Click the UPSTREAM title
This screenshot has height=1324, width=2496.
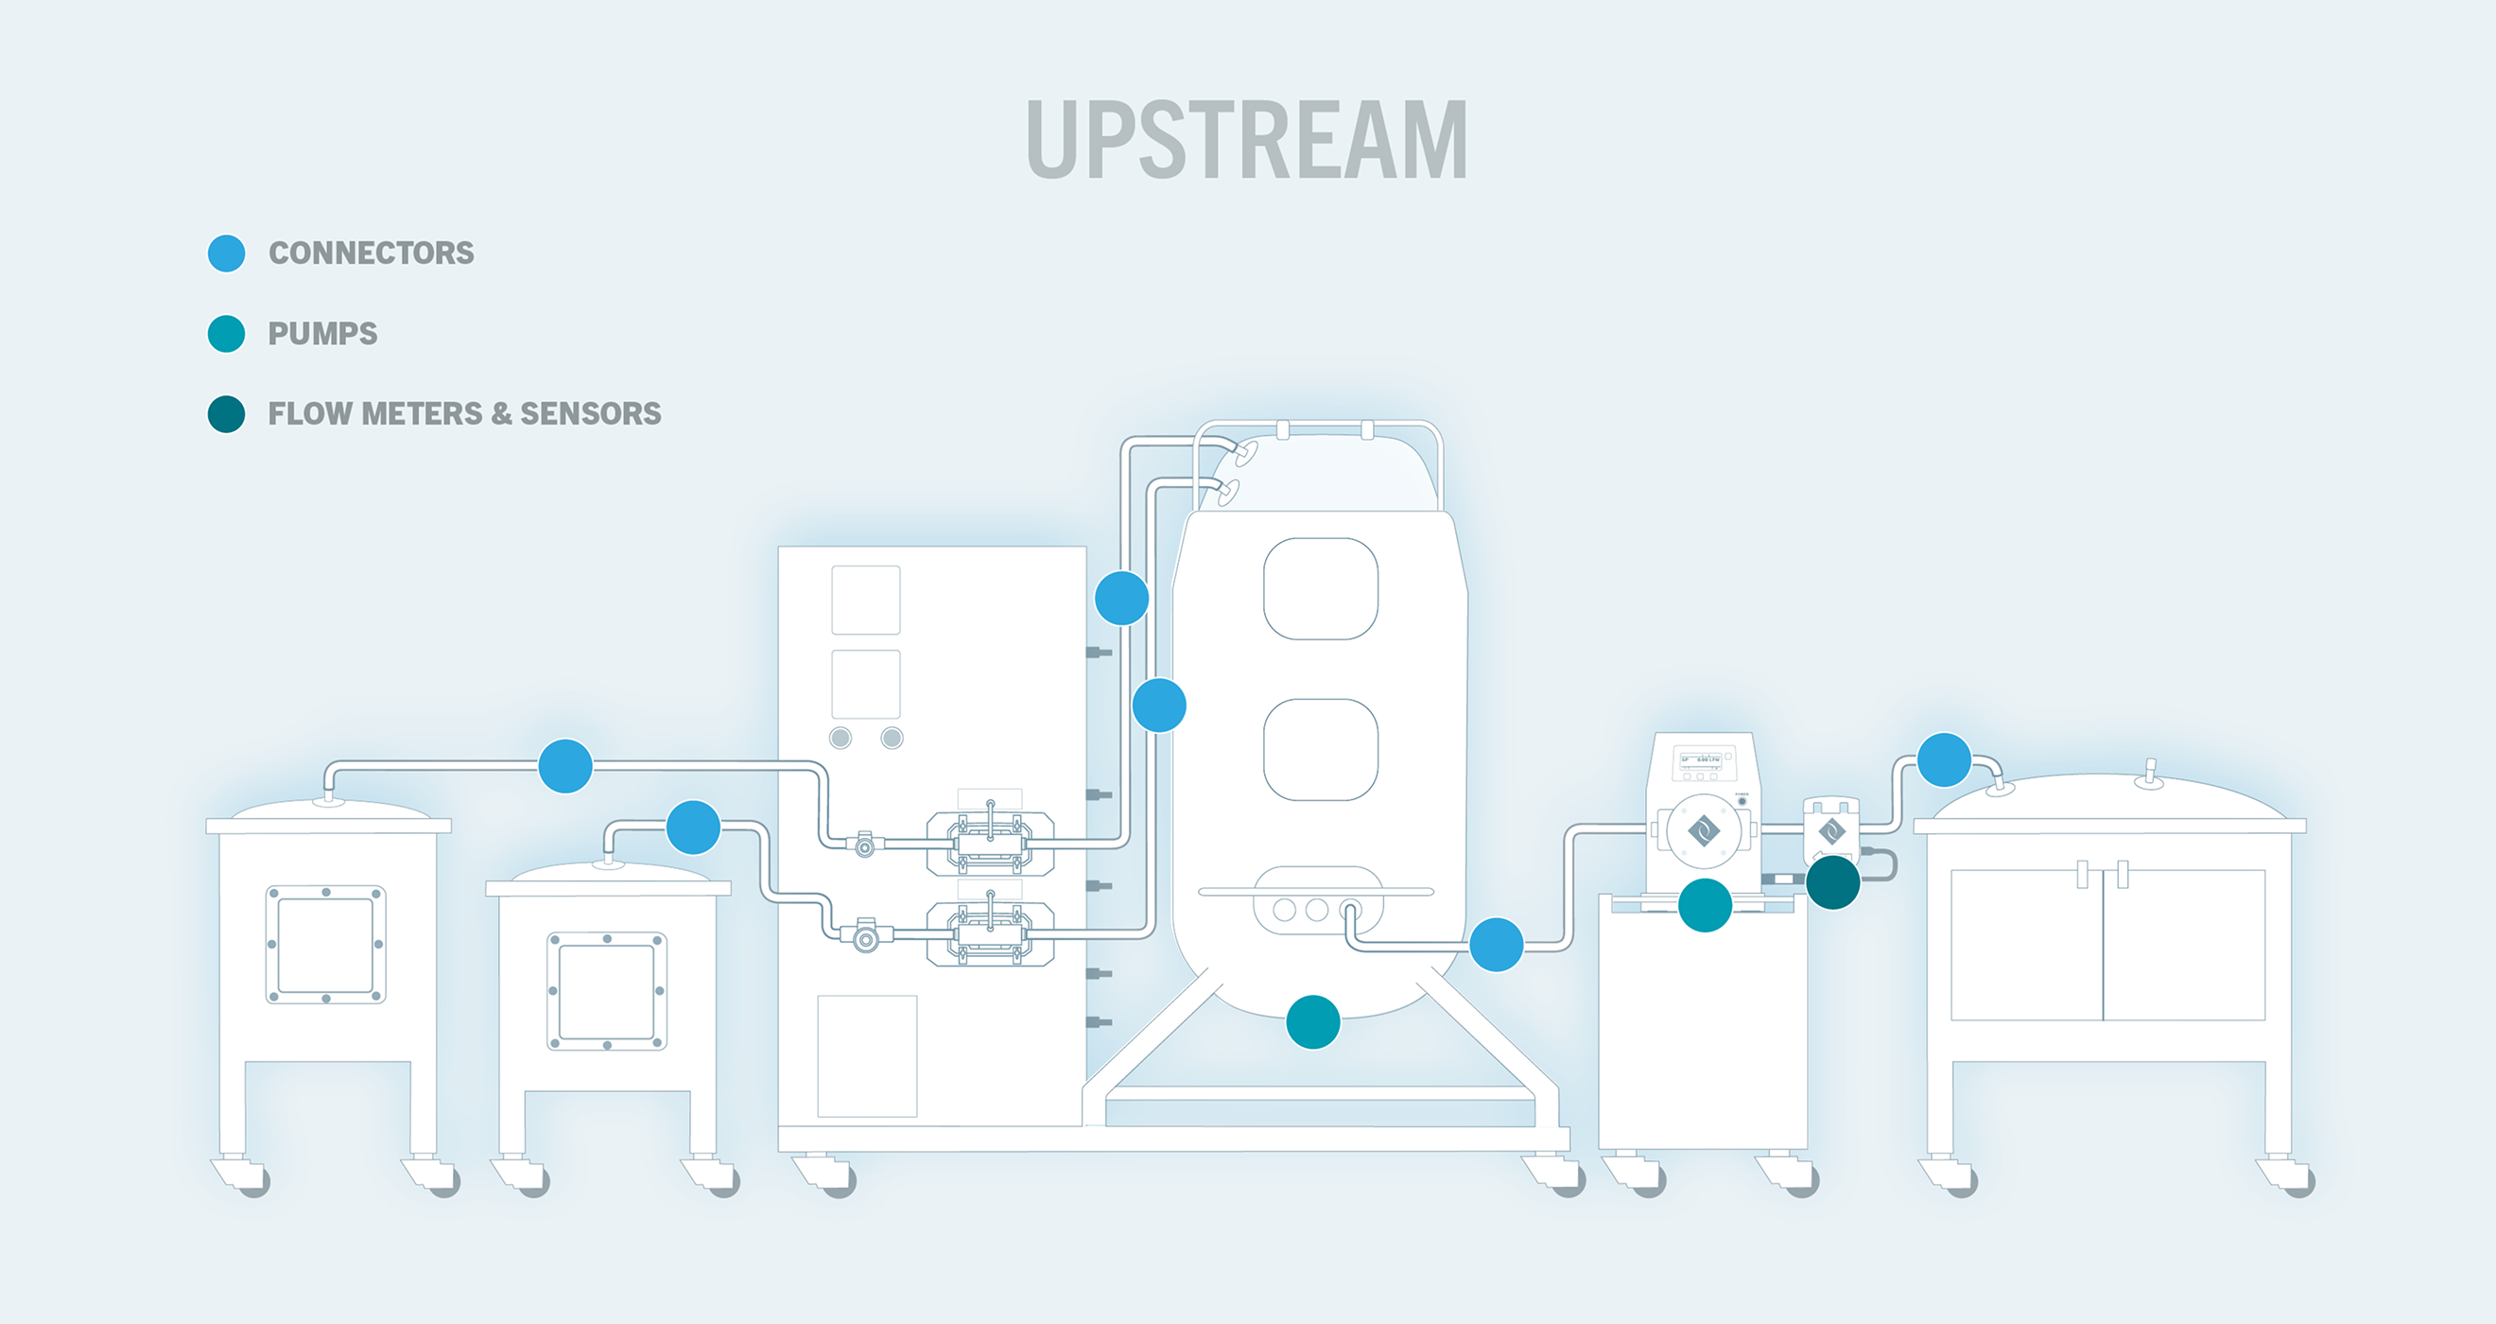pos(1246,141)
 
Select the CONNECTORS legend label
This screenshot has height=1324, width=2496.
pos(372,253)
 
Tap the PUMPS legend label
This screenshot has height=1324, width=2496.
pos(322,334)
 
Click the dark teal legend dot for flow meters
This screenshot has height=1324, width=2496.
pos(227,414)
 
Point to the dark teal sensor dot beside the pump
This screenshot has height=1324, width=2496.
pos(1832,882)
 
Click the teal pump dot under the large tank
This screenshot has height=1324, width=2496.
pos(1313,1021)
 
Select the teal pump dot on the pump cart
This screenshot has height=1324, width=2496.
pos(1705,905)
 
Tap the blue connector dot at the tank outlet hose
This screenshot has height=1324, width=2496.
pos(1496,944)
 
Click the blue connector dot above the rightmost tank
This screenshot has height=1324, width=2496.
pos(1944,760)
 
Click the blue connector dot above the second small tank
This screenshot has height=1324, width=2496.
pos(694,827)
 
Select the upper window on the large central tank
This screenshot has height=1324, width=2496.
pos(1321,589)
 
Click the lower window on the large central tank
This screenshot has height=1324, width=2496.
pos(1321,749)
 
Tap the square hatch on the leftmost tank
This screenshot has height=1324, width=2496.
pos(325,944)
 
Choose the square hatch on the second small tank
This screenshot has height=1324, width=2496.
pos(607,990)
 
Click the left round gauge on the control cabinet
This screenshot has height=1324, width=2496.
pos(841,738)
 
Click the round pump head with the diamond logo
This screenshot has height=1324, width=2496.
pos(1704,830)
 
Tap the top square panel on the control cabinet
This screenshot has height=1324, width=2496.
pos(865,600)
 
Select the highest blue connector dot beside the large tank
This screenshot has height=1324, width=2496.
pos(1122,598)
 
